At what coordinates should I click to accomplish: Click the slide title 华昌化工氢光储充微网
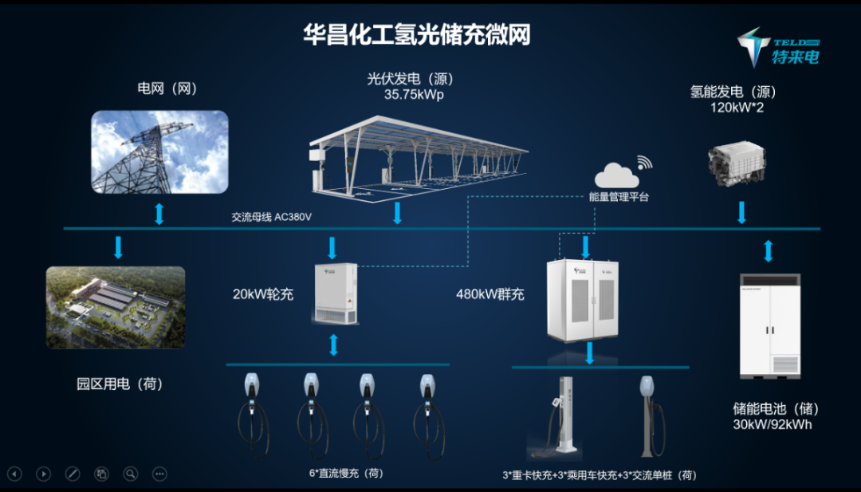[416, 35]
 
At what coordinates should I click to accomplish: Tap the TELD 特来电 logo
[778, 46]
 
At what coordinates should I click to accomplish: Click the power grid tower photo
[159, 152]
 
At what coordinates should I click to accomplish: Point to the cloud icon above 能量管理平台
[616, 175]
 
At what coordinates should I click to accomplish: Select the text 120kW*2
[737, 108]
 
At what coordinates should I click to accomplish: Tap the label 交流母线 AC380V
[271, 217]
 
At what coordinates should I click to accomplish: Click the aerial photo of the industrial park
[116, 306]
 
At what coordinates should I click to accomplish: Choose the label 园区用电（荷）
[120, 384]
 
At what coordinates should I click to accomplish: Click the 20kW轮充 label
[263, 294]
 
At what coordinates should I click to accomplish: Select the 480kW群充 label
[490, 294]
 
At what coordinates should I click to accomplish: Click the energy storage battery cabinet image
[769, 325]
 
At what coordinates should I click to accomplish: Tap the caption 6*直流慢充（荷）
[346, 473]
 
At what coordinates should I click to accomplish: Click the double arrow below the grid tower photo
[159, 213]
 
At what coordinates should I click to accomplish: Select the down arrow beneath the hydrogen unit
[741, 213]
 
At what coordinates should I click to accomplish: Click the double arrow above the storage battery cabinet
[769, 250]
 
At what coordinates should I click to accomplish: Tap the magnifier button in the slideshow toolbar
[131, 474]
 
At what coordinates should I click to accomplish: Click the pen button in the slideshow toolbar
[73, 474]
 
